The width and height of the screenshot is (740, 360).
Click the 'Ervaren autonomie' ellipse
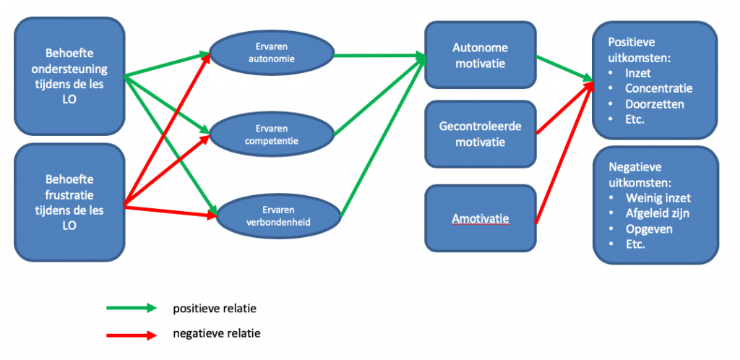click(x=271, y=53)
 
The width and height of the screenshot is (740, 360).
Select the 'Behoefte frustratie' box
click(x=69, y=202)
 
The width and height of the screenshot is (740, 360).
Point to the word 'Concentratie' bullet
click(x=659, y=88)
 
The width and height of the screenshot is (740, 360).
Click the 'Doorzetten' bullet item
click(x=654, y=103)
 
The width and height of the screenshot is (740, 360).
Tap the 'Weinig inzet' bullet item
click(x=659, y=198)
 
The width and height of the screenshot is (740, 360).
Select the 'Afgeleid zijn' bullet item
click(x=659, y=213)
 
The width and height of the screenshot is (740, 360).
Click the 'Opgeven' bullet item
click(x=648, y=228)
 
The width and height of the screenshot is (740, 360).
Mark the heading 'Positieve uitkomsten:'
click(x=641, y=49)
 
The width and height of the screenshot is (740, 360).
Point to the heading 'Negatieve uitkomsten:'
click(x=642, y=173)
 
